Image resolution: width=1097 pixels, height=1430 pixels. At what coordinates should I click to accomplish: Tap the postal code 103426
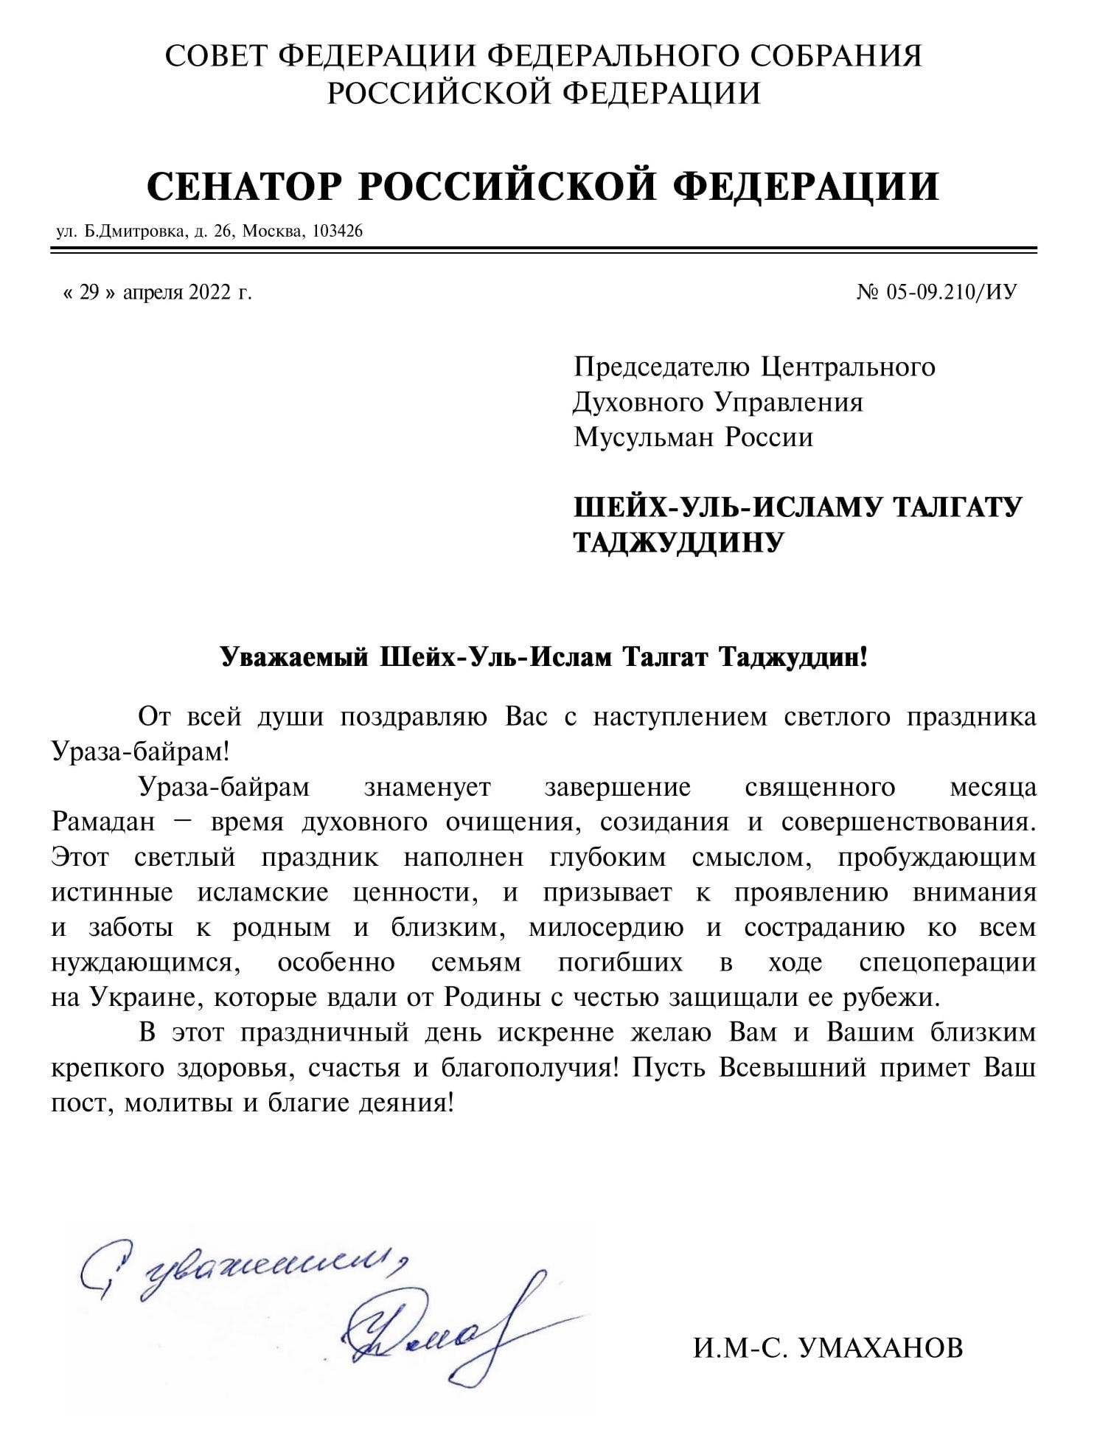point(338,232)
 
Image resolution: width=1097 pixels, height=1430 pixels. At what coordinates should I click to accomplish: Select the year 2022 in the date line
point(209,293)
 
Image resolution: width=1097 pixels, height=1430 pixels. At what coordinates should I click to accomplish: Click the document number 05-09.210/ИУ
point(952,293)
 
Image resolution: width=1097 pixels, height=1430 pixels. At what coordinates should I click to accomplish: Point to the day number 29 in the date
point(89,293)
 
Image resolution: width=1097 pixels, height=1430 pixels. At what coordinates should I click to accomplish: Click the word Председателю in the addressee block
point(661,367)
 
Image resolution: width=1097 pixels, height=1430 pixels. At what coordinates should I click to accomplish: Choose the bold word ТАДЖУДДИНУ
point(678,542)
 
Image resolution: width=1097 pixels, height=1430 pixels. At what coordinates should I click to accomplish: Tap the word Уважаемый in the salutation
point(294,656)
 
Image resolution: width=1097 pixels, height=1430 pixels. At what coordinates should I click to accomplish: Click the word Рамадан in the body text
point(103,822)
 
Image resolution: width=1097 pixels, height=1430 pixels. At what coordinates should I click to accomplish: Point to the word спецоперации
point(947,962)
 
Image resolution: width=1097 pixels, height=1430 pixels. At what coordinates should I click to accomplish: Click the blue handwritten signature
point(442,1327)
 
